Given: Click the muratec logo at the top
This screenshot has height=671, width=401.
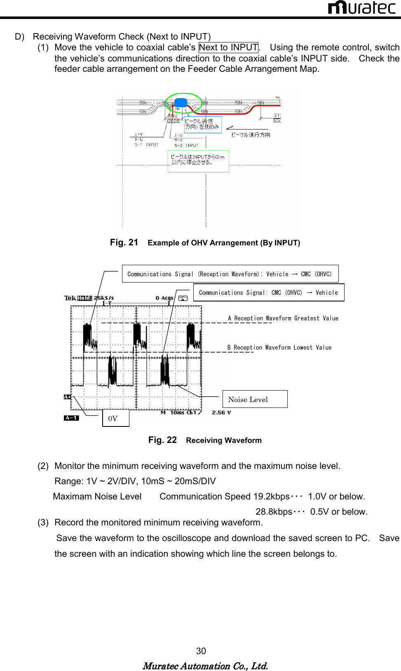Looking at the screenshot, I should [x=361, y=7].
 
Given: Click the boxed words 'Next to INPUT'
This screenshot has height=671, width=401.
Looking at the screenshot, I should [x=228, y=47].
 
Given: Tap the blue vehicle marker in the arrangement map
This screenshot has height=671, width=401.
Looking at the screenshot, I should [x=181, y=103].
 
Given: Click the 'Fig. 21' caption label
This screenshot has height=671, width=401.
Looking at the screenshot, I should [x=124, y=243].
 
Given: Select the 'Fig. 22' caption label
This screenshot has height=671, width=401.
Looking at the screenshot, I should [x=162, y=440].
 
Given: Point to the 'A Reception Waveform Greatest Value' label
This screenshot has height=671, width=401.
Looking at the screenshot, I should [x=283, y=318].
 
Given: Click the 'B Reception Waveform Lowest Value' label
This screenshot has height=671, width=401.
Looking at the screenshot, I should [x=279, y=348].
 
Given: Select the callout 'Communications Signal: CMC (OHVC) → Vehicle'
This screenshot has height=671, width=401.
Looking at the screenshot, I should [x=268, y=293].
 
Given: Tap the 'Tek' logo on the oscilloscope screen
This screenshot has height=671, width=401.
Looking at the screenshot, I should [x=70, y=298].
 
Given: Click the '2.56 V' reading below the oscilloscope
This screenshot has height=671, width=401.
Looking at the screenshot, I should [x=221, y=412].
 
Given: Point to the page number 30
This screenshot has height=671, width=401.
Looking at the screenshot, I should [x=201, y=651].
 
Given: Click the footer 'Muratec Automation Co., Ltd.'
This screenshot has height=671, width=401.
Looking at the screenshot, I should [x=205, y=666].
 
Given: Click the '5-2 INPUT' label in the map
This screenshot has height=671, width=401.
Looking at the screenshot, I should [x=186, y=146].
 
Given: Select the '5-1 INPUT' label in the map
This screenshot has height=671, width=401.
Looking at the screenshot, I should [x=146, y=145].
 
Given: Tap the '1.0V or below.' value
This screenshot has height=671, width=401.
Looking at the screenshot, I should [x=336, y=497].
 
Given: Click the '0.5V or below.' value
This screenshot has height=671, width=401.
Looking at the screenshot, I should [x=339, y=512].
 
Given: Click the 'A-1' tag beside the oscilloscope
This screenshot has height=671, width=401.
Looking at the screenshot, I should [x=71, y=418].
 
